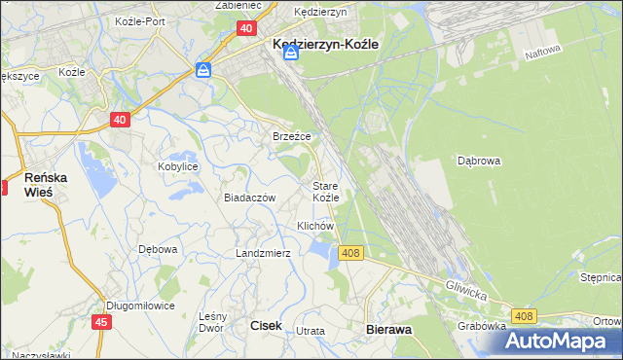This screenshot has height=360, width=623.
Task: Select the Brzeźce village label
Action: pos(291,137)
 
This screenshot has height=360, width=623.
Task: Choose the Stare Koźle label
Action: pos(325,191)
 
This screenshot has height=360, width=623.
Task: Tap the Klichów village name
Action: pos(315,226)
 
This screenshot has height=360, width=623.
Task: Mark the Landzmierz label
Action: pos(263,253)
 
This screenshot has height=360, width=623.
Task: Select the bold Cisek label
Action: pos(267,328)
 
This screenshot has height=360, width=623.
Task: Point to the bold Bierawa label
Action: pos(389,330)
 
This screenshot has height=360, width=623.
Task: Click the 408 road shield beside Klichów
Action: pos(351,253)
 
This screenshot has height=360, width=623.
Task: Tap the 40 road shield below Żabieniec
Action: pos(246,29)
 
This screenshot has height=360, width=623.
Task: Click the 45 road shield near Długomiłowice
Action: pos(102,321)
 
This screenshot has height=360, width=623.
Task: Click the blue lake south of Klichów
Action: pos(318,252)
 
